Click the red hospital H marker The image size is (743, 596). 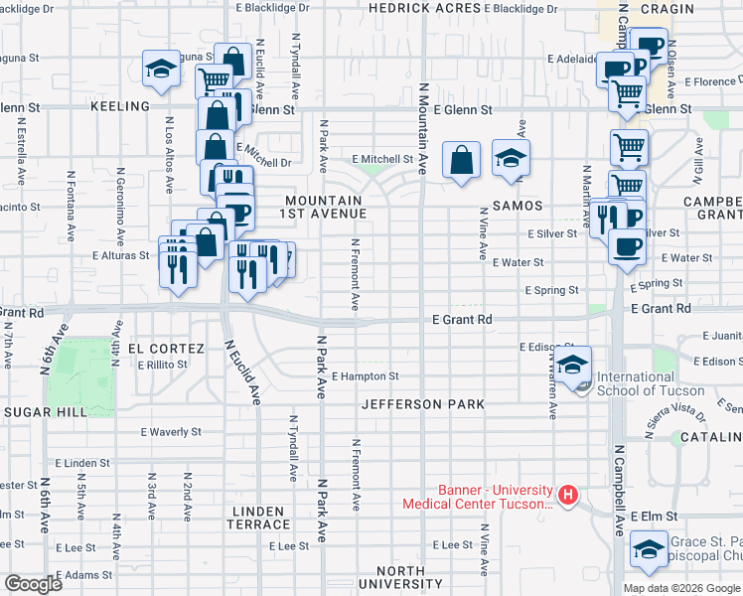(x=567, y=494)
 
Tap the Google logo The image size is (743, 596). (x=33, y=583)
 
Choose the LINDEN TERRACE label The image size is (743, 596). (x=260, y=518)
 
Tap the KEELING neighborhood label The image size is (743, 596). (x=119, y=105)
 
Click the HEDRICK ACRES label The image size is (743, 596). (x=424, y=8)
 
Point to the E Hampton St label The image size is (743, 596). (x=365, y=376)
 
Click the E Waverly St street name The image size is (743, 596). (x=171, y=432)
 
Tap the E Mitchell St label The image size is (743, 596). (x=382, y=159)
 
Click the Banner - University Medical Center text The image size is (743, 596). (x=476, y=496)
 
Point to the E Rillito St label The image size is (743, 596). (x=163, y=365)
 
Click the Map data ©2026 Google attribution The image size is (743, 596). (x=679, y=587)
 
